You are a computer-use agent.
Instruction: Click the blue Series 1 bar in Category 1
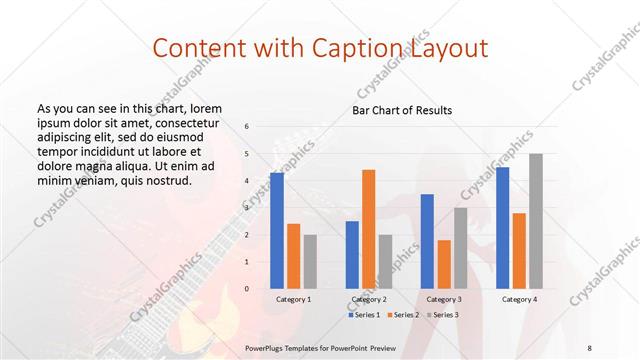click(277, 231)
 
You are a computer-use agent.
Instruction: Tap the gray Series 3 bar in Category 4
click(536, 221)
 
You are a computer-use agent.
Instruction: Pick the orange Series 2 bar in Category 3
click(444, 264)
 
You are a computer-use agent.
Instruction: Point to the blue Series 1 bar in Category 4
click(502, 228)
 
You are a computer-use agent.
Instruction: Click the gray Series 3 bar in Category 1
click(310, 262)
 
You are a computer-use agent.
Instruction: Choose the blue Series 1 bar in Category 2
click(352, 255)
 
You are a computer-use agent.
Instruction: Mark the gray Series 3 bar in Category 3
click(461, 248)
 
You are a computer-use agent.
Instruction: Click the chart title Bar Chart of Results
click(402, 110)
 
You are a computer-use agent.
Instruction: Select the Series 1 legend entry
click(364, 315)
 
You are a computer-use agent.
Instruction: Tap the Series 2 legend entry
click(403, 315)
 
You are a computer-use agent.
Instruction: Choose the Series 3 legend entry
click(442, 315)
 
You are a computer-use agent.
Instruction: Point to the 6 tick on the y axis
click(246, 126)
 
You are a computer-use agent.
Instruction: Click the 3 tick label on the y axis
click(246, 208)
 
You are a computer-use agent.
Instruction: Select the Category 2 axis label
click(369, 299)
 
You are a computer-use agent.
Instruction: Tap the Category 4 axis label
click(519, 299)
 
